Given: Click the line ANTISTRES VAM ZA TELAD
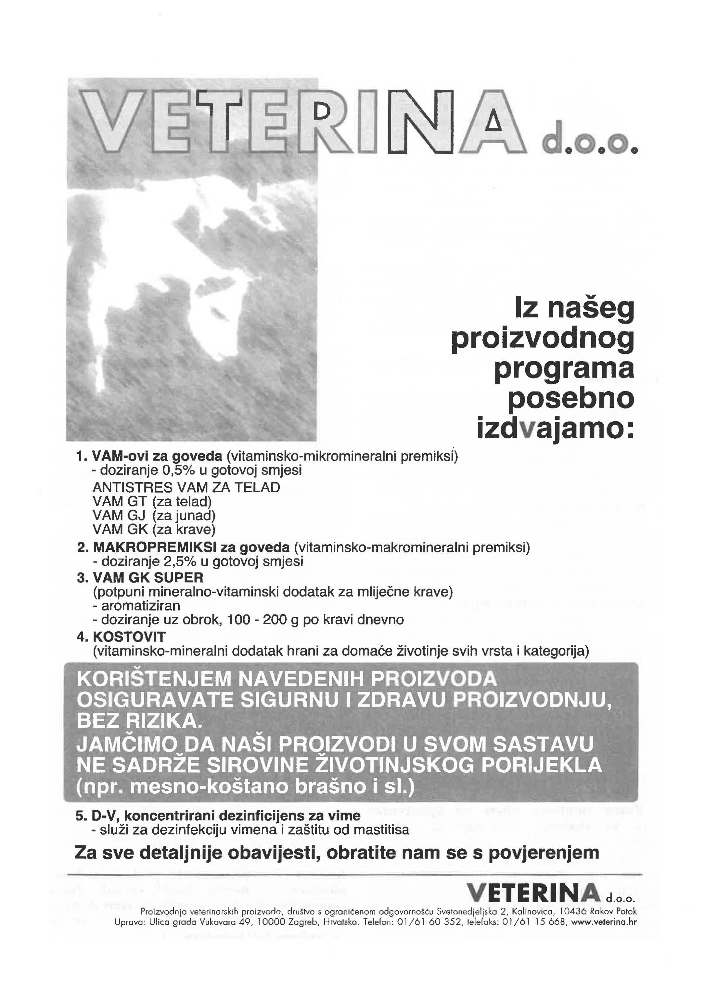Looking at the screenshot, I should coord(186,488).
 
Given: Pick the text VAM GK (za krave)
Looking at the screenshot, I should coord(154,530).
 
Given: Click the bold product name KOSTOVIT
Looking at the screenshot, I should coord(130,637).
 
